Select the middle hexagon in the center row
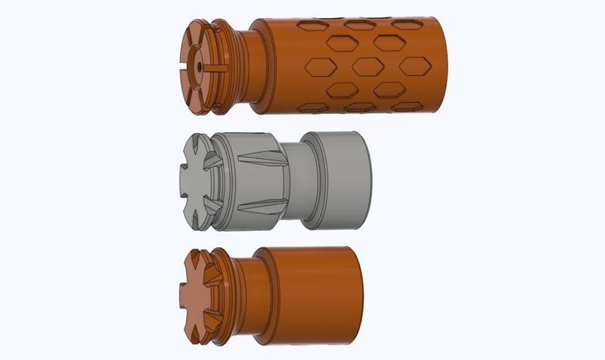368,67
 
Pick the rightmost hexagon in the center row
414,66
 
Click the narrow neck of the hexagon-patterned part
253,67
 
